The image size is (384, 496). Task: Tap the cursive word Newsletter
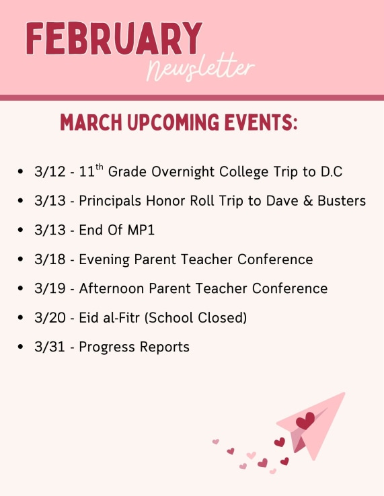click(x=201, y=68)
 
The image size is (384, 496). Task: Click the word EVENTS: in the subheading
click(x=262, y=123)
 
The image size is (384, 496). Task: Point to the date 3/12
click(x=47, y=172)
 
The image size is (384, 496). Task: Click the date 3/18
click(x=47, y=259)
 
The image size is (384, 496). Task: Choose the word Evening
click(x=105, y=259)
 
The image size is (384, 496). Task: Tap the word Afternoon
click(x=111, y=288)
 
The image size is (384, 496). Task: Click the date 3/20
click(x=48, y=317)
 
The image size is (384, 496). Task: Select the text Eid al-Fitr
click(x=110, y=317)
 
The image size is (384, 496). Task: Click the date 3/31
click(x=47, y=347)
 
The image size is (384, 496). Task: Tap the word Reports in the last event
click(x=165, y=347)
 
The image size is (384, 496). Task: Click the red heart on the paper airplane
click(x=305, y=421)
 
